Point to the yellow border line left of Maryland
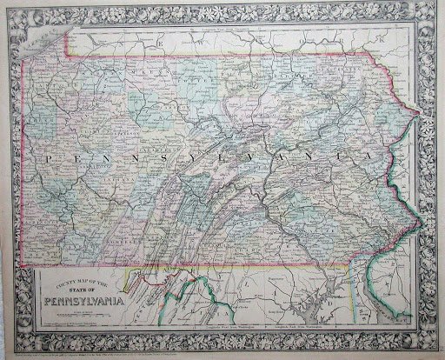[x=130, y=278]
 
